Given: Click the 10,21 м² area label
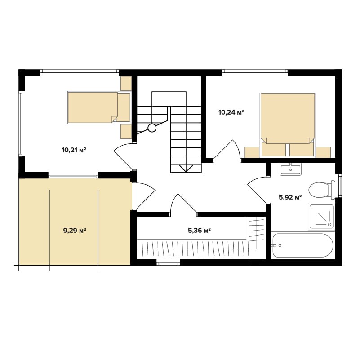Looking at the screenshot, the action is point(74,151).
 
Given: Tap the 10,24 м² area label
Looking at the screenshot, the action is point(231,112).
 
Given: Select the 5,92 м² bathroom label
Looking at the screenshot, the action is point(290,197).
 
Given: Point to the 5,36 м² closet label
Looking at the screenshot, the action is point(199,230).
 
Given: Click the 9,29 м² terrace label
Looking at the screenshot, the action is point(75,230).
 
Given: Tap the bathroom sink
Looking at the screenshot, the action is point(291,169).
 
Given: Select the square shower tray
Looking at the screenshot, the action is point(321,216).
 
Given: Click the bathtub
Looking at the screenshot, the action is point(303,245).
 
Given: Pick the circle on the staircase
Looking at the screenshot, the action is point(152,128).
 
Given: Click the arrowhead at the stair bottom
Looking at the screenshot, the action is point(186,169).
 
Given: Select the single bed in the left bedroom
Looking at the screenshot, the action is point(99,107).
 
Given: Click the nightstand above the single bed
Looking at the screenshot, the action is point(126,83).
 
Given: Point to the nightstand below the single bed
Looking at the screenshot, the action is point(126,132).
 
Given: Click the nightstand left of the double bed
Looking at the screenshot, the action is point(252,152).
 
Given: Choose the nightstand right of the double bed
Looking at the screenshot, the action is point(323,152).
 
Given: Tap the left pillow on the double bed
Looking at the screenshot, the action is point(274,150).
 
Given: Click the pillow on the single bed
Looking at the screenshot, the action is point(124,107).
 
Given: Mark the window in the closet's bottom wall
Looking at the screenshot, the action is point(168,262).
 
